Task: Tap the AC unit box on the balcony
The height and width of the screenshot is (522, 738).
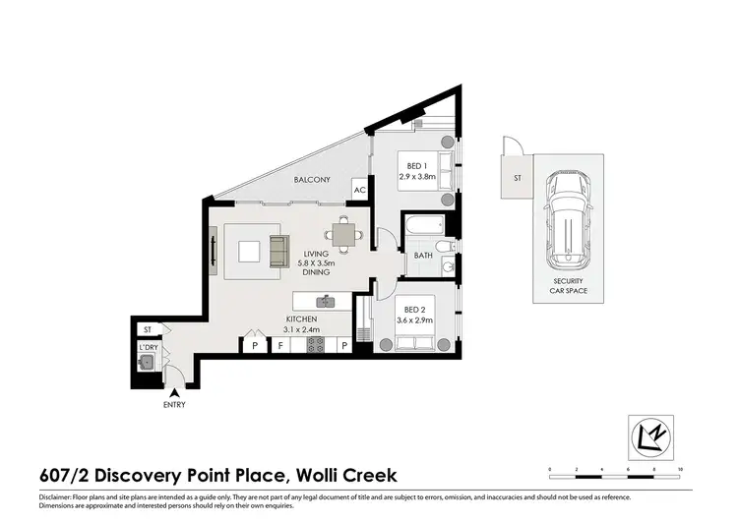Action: click(359, 191)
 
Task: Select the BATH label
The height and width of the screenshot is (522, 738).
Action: click(423, 256)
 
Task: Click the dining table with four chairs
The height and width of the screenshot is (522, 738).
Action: click(341, 234)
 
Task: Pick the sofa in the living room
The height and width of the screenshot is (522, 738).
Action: click(277, 249)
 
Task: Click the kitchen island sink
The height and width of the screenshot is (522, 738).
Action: click(328, 301)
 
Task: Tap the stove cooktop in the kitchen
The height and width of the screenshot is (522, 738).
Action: click(318, 345)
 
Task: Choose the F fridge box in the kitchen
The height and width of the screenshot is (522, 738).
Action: click(280, 345)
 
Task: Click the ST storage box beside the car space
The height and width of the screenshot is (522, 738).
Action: click(517, 178)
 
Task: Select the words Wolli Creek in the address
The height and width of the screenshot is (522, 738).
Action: click(346, 475)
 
